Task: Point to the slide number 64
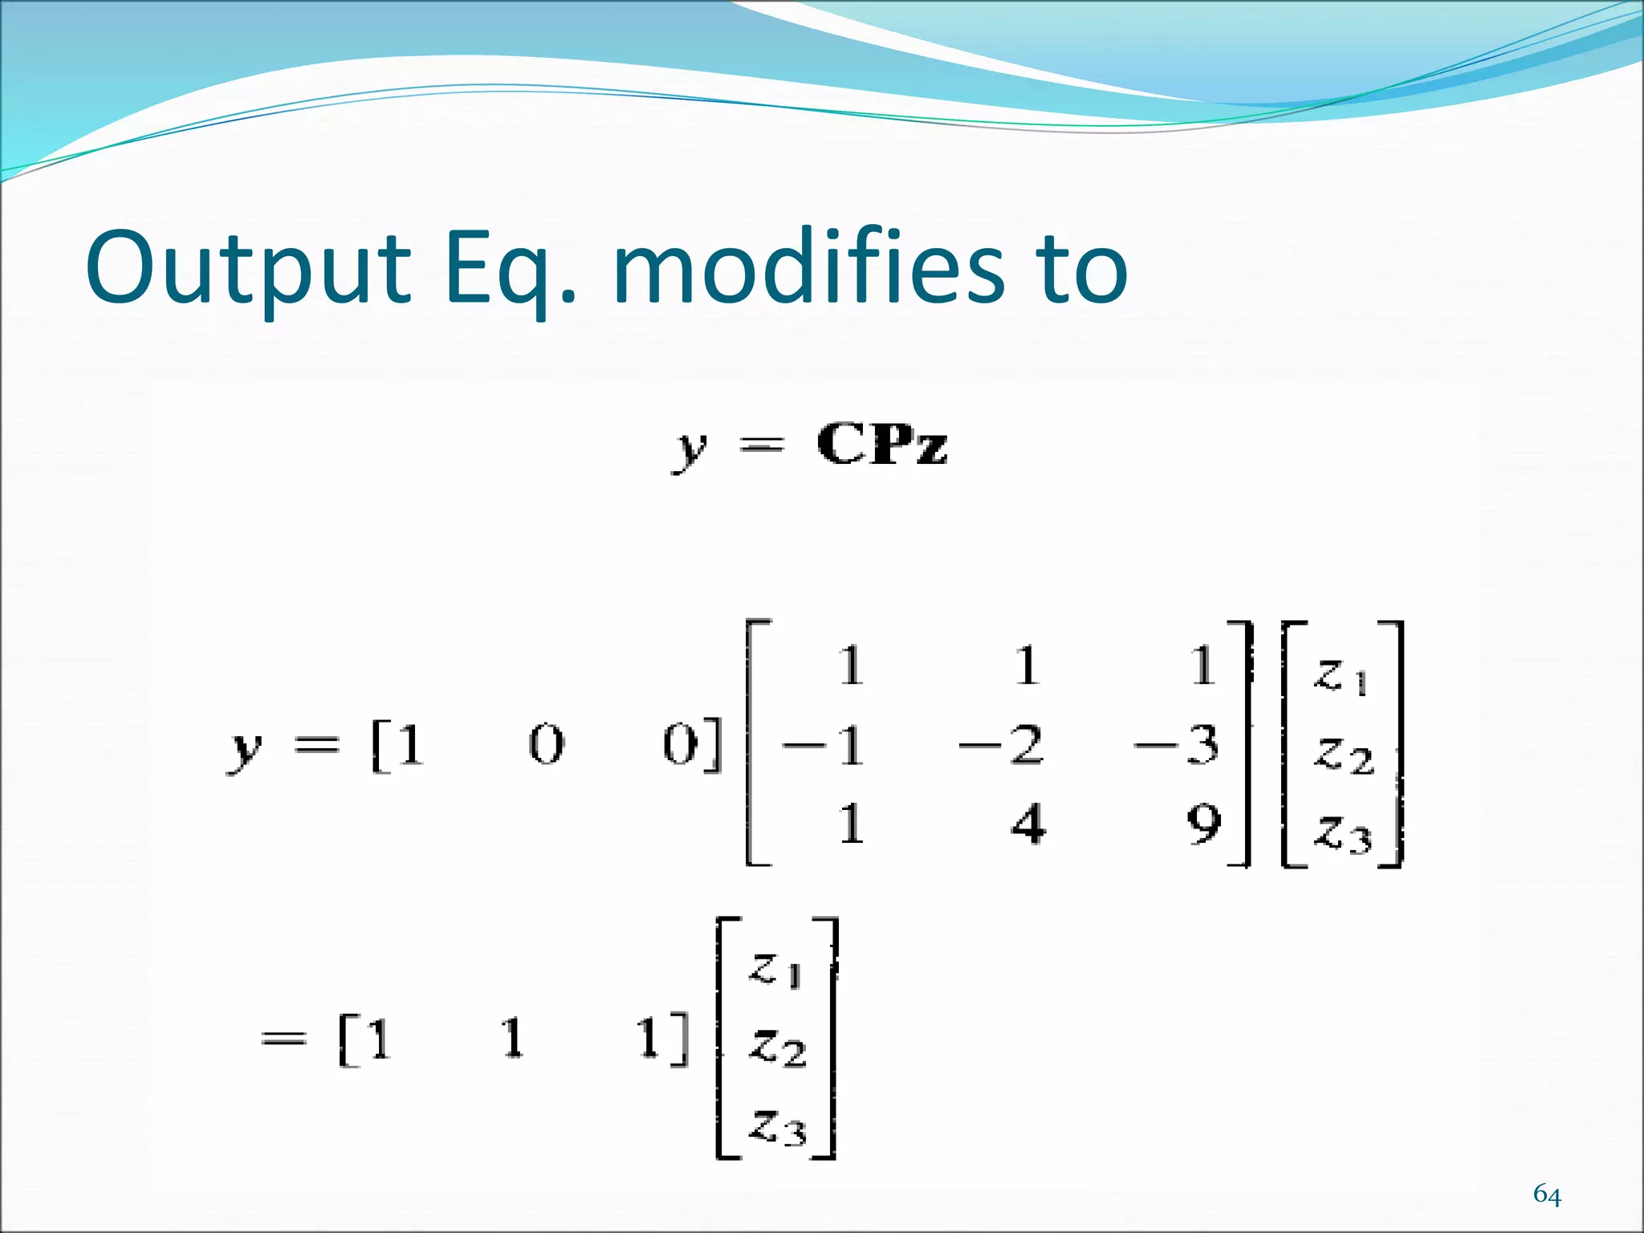[x=1547, y=1195]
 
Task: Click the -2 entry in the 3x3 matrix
[x=1001, y=745]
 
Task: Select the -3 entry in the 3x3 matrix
[x=1177, y=745]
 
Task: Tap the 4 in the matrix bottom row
[x=1028, y=824]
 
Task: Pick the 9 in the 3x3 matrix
[x=1203, y=824]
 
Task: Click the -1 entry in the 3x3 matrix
[x=824, y=745]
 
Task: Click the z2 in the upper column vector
[x=1342, y=755]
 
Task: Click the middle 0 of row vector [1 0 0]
[x=547, y=745]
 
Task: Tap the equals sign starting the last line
[x=284, y=1039]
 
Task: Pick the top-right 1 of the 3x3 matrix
[x=1202, y=666]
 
